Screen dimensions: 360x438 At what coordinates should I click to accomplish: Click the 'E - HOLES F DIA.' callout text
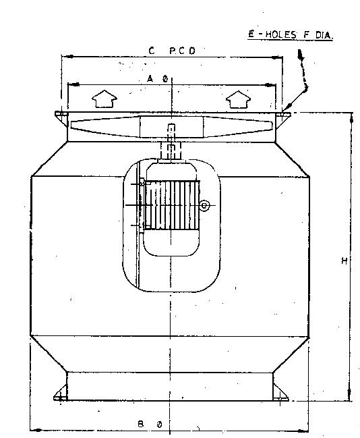click(x=291, y=34)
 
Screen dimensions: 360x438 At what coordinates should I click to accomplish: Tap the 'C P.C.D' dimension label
click(x=172, y=51)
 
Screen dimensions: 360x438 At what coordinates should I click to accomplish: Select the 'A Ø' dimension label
click(x=157, y=80)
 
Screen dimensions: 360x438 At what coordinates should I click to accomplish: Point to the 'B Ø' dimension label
click(x=150, y=425)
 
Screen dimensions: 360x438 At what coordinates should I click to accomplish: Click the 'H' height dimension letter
click(x=344, y=261)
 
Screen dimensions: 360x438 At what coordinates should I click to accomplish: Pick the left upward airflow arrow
click(x=104, y=99)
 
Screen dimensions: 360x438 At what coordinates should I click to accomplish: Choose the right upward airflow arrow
click(x=238, y=99)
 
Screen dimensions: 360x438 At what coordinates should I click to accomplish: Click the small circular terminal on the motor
click(x=204, y=206)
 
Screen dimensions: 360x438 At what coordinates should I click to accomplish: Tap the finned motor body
click(x=172, y=205)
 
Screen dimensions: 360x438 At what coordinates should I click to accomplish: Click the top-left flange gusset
click(x=62, y=118)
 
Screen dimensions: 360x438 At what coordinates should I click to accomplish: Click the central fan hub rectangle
click(x=171, y=127)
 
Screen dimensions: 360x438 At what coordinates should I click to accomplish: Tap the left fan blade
click(x=105, y=126)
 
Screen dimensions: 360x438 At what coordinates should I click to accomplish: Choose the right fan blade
click(x=237, y=127)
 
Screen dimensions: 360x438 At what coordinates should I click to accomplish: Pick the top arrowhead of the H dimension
click(x=351, y=118)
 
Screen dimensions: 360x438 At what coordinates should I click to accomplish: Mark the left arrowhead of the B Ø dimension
click(x=36, y=430)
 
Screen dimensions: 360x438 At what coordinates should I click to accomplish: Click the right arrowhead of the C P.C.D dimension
click(x=277, y=57)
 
